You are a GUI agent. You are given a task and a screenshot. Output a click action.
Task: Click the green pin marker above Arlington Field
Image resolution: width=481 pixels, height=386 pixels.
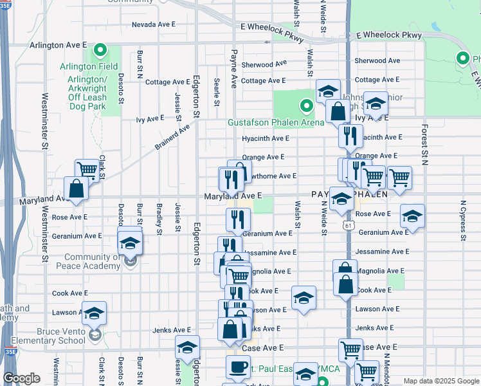tap(100, 50)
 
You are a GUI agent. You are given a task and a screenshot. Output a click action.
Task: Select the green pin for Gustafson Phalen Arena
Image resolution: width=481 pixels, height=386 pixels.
tap(307, 106)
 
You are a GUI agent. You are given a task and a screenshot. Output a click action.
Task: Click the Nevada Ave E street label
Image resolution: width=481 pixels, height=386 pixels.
tap(154, 24)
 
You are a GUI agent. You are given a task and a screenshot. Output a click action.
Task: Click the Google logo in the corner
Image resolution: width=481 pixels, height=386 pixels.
tap(21, 378)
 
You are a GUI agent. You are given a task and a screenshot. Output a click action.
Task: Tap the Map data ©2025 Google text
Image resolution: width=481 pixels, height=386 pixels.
tap(440, 381)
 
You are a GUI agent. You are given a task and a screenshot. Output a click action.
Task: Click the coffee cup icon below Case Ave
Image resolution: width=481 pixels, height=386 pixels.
tap(238, 367)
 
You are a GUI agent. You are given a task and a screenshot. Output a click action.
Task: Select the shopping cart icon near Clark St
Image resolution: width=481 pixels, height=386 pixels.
tap(87, 170)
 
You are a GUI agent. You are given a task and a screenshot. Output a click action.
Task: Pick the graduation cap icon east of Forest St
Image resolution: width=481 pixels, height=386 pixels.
tap(412, 216)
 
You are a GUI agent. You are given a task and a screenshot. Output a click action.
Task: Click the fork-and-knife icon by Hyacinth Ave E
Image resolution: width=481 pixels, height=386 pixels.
tap(350, 135)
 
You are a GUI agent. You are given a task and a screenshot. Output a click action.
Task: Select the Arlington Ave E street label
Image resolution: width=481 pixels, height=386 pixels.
tap(58, 46)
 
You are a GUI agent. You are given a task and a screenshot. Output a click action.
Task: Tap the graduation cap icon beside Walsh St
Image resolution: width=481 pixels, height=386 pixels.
tap(304, 297)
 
